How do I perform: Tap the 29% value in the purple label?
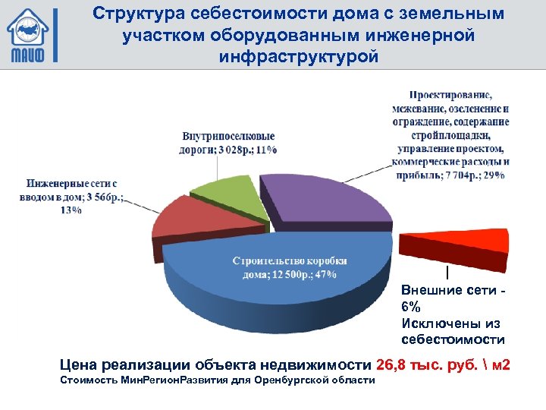tap(496, 175)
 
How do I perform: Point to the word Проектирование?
tap(450, 96)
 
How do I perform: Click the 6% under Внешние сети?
tap(410, 307)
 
